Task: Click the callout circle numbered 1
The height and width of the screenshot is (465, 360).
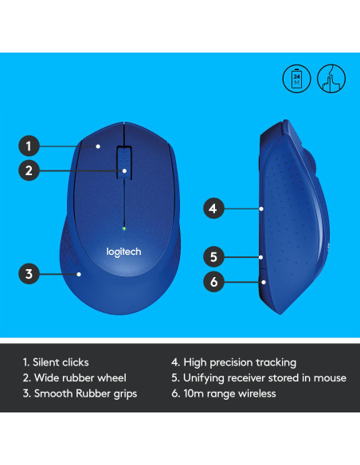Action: (x=28, y=146)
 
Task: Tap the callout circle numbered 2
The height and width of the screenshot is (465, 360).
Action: (x=28, y=170)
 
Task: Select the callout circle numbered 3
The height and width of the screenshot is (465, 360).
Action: (x=28, y=275)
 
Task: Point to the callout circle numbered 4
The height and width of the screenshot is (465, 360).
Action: (x=212, y=209)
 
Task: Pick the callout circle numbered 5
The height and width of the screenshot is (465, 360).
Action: (x=212, y=256)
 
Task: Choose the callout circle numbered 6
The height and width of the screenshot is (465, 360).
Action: (x=212, y=280)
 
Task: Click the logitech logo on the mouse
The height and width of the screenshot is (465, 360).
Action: (x=123, y=252)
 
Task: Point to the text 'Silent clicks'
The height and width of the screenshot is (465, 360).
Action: (x=61, y=362)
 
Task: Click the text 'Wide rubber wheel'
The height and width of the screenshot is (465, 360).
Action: (x=73, y=378)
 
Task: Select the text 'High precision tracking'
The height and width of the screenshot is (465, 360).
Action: (x=240, y=362)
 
